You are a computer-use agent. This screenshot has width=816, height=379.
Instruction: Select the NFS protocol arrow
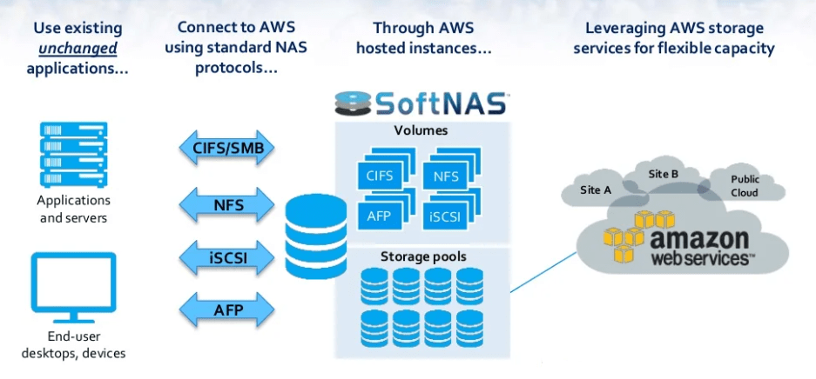click(227, 205)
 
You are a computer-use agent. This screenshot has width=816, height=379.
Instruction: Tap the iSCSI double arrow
click(227, 257)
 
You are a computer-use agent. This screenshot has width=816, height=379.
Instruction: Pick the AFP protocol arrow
click(227, 309)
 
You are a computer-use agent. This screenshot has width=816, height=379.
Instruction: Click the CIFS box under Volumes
click(380, 176)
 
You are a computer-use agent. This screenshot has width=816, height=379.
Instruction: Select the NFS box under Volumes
click(446, 176)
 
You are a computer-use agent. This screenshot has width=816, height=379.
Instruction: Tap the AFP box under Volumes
click(380, 216)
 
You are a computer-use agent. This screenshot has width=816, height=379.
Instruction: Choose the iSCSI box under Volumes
click(446, 216)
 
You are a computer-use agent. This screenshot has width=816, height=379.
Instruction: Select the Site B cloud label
click(664, 174)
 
